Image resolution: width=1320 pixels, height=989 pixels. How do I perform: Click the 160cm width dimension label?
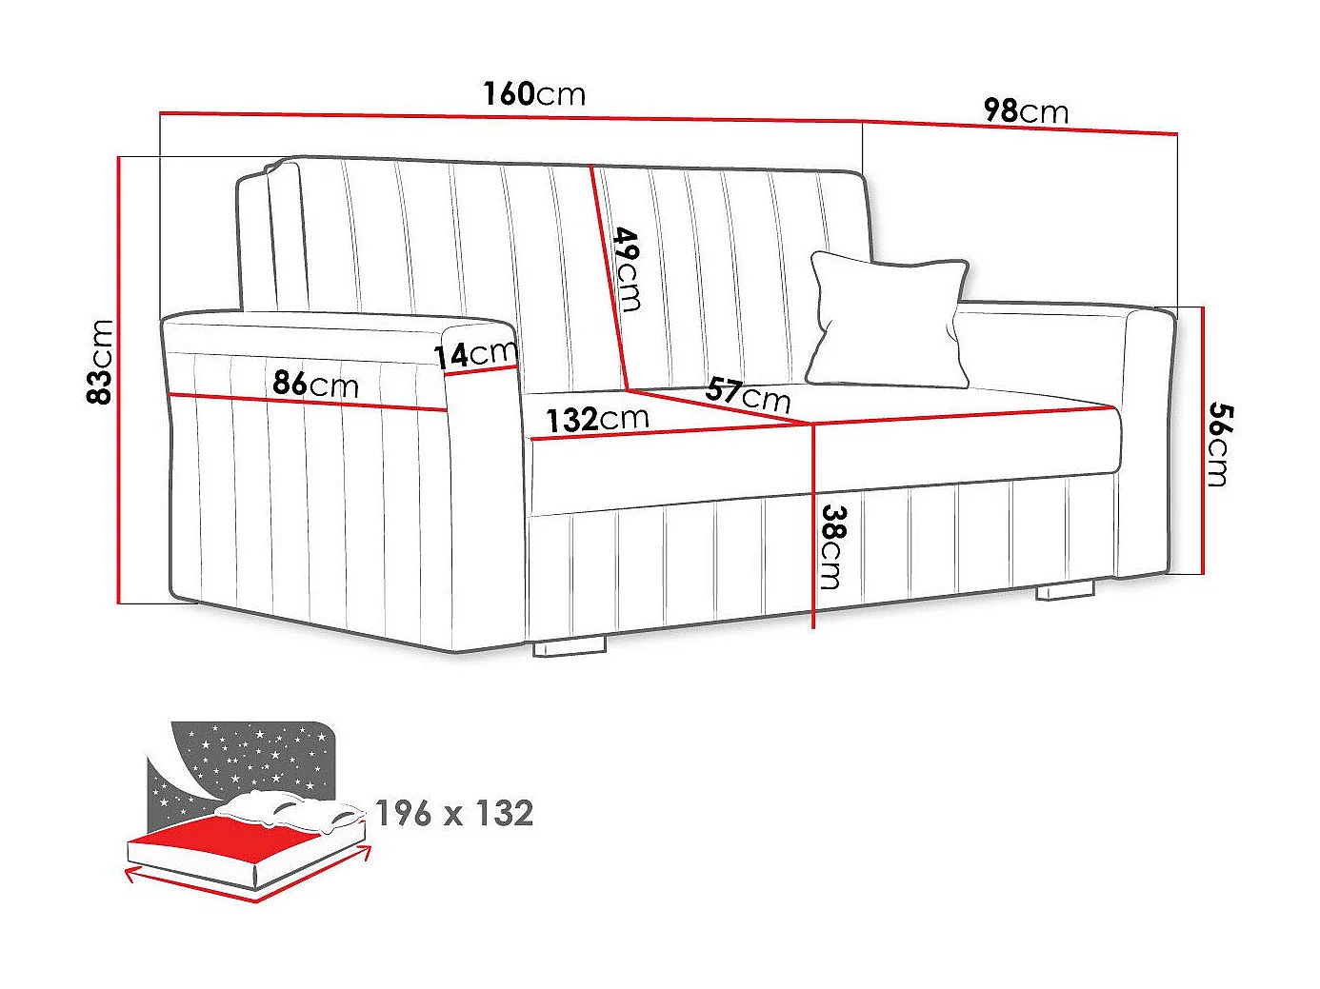pos(533,94)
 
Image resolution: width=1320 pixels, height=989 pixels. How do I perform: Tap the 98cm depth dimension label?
pos(1025,111)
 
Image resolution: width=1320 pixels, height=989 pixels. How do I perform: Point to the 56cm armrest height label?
pos(1218,444)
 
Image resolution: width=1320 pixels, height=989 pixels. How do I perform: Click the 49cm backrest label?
pos(628,268)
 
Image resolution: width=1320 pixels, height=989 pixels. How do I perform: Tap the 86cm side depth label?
pos(315,384)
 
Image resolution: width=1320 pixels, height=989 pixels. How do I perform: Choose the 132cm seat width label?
pos(597,418)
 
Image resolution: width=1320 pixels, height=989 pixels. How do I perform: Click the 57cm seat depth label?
pos(749,393)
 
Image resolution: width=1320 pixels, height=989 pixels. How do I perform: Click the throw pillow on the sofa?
pos(888,319)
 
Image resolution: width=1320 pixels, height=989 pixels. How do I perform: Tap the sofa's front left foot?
pos(569,646)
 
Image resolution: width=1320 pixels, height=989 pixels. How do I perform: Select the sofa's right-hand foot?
pos(1065,590)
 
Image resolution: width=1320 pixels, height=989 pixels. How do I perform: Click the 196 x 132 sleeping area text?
pos(453,813)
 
